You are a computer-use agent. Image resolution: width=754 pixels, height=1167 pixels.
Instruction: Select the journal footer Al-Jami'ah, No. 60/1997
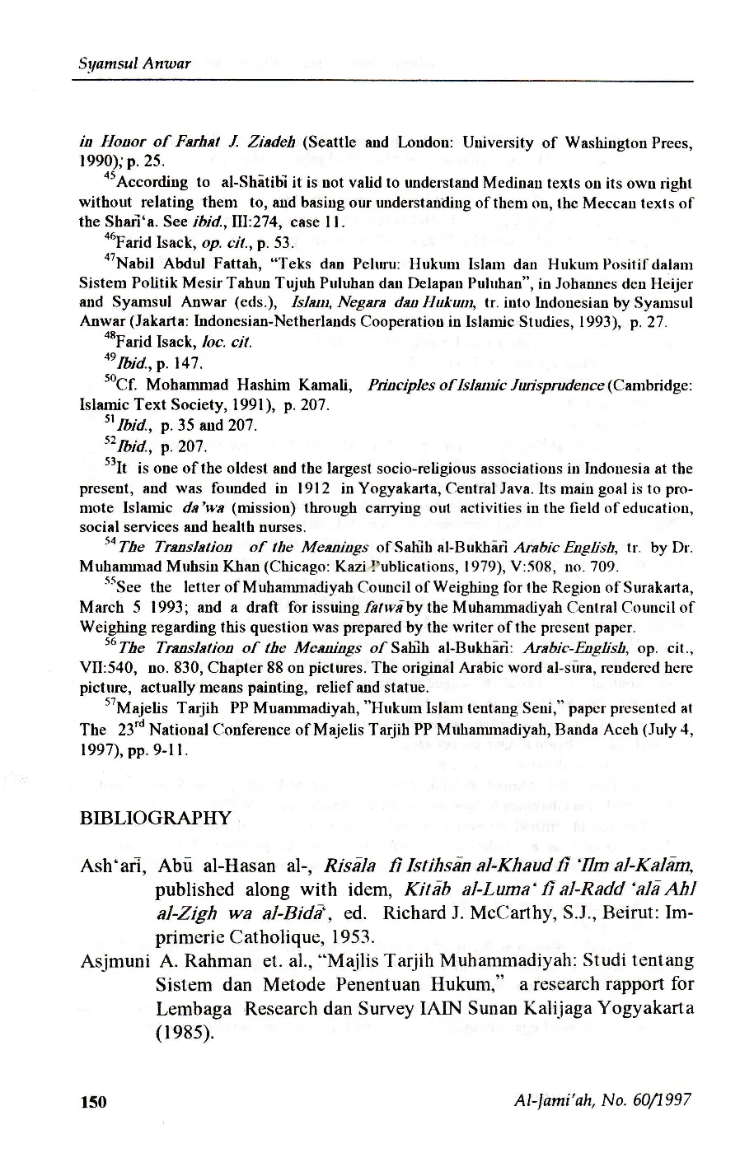coord(602,1100)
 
